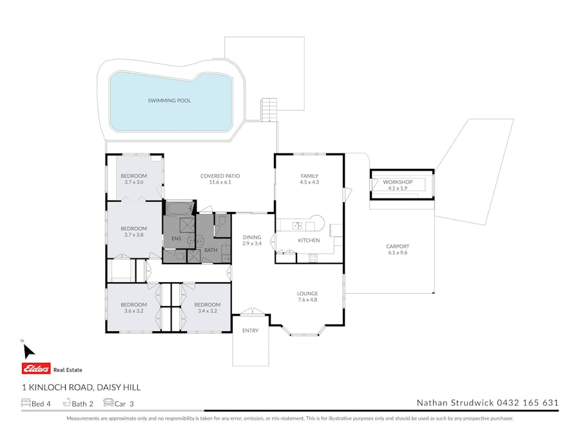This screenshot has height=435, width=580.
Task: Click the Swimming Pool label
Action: pyautogui.click(x=169, y=101)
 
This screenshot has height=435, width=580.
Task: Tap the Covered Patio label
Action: pyautogui.click(x=220, y=176)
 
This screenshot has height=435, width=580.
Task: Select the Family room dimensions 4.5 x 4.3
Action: pyautogui.click(x=309, y=182)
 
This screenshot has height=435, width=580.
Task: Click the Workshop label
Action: pyautogui.click(x=398, y=182)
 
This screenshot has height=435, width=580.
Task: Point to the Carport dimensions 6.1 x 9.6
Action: pyautogui.click(x=398, y=253)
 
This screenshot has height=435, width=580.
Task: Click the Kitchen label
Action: pyautogui.click(x=309, y=240)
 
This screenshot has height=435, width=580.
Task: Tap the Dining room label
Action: pyautogui.click(x=252, y=237)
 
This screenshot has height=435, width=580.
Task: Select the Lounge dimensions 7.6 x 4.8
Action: pyautogui.click(x=307, y=300)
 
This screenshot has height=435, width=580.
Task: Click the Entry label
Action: pyautogui.click(x=251, y=331)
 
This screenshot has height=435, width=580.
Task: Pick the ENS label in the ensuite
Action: pyautogui.click(x=177, y=238)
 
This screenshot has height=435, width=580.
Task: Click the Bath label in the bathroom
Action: pyautogui.click(x=211, y=250)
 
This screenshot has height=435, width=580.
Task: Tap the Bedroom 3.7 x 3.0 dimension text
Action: pyautogui.click(x=133, y=182)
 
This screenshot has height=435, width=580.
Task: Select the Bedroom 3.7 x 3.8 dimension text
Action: pyautogui.click(x=133, y=235)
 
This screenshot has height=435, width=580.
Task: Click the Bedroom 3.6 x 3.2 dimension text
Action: pyautogui.click(x=133, y=311)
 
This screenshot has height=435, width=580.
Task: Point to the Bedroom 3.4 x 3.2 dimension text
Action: pyautogui.click(x=207, y=311)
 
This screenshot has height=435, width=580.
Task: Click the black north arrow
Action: pyautogui.click(x=28, y=351)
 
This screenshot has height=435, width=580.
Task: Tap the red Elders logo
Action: pyautogui.click(x=36, y=369)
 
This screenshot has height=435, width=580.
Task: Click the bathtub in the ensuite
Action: pyautogui.click(x=180, y=209)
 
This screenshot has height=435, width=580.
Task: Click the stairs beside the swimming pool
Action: pyautogui.click(x=269, y=110)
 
